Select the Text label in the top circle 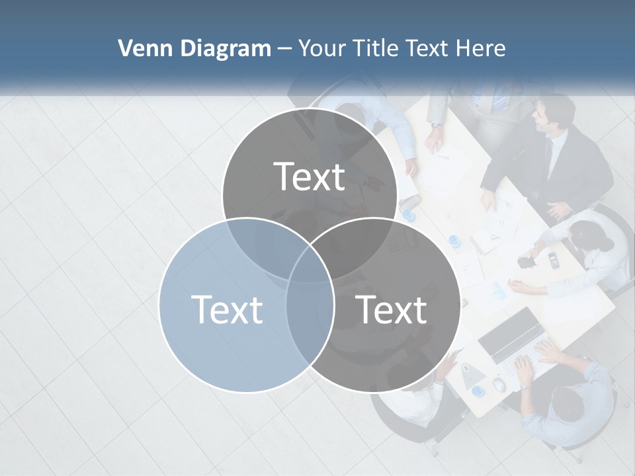click(310, 177)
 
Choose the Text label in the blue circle click(226, 309)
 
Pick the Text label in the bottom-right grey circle click(391, 309)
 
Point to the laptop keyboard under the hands click(523, 360)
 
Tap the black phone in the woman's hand click(527, 262)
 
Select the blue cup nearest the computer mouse click(479, 391)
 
